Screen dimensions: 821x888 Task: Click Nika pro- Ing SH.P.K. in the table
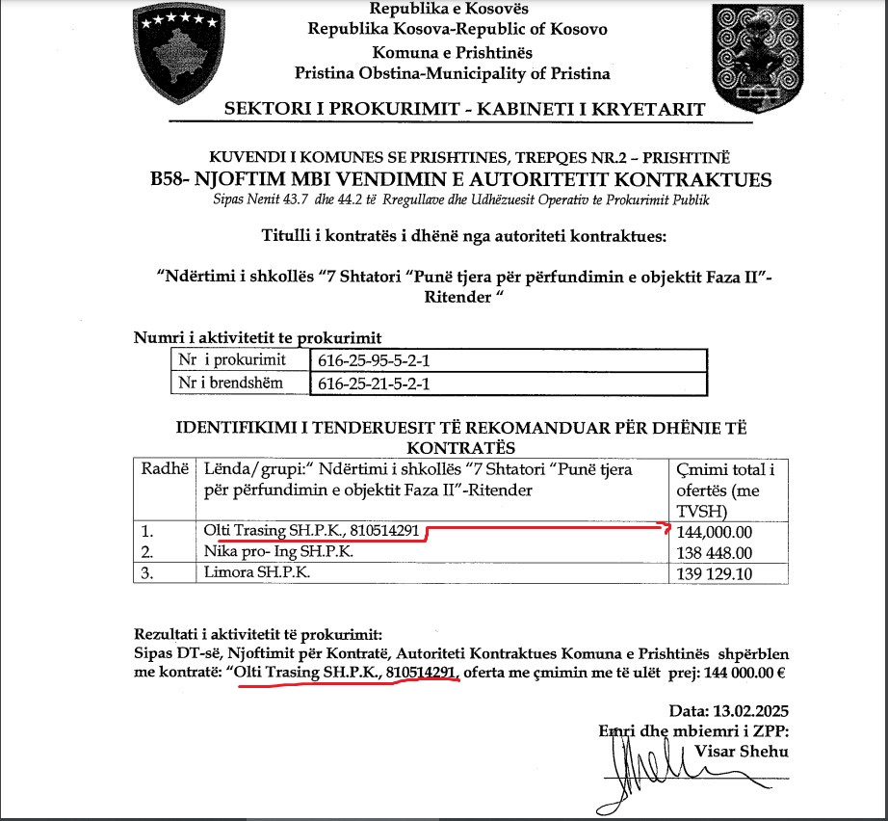278,551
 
